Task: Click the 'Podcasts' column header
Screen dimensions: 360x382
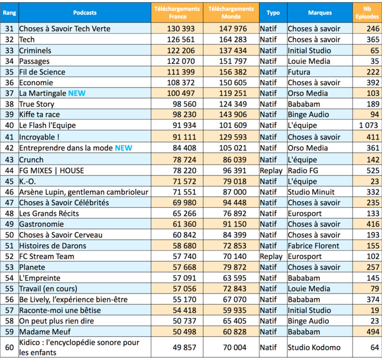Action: tap(84, 12)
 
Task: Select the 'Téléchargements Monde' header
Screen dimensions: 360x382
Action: tap(232, 12)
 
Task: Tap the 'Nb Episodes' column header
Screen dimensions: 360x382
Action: tap(367, 12)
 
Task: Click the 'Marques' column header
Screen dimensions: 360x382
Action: tap(320, 12)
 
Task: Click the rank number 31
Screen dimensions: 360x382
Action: tap(9, 28)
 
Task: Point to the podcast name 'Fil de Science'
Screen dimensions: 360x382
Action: tap(42, 72)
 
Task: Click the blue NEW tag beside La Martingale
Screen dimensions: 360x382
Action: tap(77, 94)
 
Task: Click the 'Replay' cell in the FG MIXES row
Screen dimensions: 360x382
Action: tap(271, 169)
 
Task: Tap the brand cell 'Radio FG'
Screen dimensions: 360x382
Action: tap(304, 169)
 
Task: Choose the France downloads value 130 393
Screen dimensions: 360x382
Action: tap(181, 28)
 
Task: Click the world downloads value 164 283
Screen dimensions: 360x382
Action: tap(233, 39)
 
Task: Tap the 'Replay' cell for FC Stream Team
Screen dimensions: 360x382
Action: tap(271, 256)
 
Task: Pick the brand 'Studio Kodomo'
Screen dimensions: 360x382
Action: tap(314, 348)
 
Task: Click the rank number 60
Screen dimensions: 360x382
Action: tap(9, 348)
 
